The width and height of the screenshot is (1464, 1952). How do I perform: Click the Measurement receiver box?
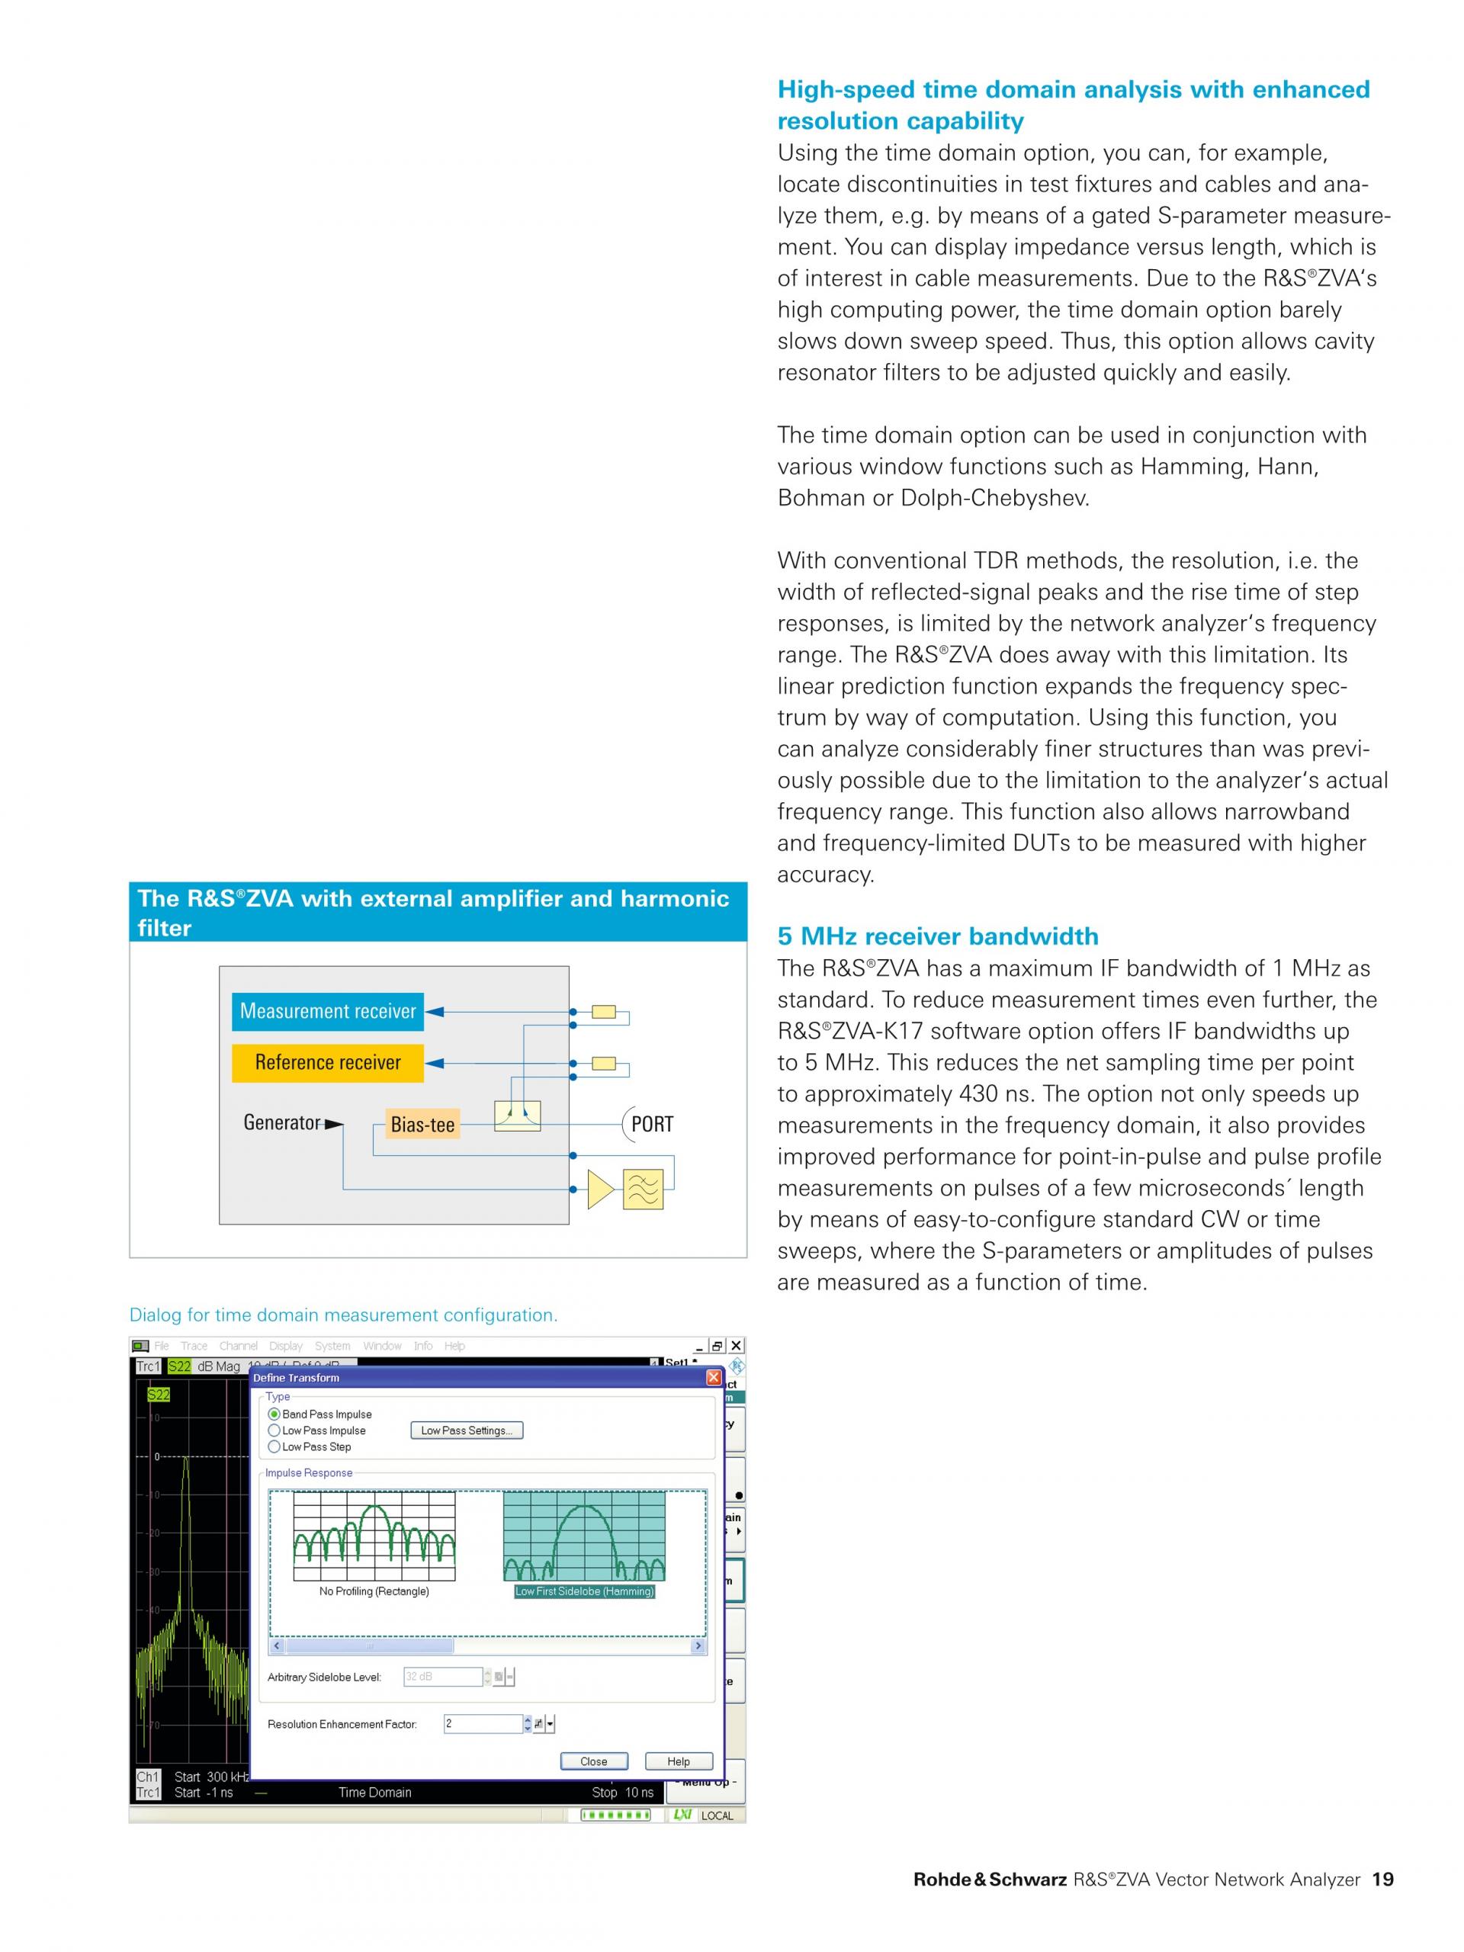pyautogui.click(x=327, y=1011)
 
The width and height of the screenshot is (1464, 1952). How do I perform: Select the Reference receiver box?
pyautogui.click(x=327, y=1062)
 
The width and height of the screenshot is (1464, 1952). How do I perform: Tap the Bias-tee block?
pyautogui.click(x=422, y=1124)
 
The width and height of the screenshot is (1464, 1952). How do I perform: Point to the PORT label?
pyautogui.click(x=651, y=1124)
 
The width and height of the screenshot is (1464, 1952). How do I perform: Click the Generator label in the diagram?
pyautogui.click(x=281, y=1122)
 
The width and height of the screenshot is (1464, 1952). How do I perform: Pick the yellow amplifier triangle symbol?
pyautogui.click(x=600, y=1189)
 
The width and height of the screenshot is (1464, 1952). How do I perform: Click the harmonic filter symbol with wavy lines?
pyautogui.click(x=643, y=1189)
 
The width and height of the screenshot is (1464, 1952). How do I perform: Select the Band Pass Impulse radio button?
pyautogui.click(x=274, y=1414)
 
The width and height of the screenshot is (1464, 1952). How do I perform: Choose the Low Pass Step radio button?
pyautogui.click(x=274, y=1446)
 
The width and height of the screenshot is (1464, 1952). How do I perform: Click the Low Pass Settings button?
pyautogui.click(x=466, y=1430)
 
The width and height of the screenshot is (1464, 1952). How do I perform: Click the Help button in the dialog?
pyautogui.click(x=678, y=1761)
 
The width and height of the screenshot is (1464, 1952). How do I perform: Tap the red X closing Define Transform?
pyautogui.click(x=713, y=1378)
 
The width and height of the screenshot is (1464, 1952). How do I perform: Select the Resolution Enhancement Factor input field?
pyautogui.click(x=483, y=1723)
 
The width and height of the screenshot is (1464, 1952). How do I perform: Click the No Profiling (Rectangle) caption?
pyautogui.click(x=374, y=1591)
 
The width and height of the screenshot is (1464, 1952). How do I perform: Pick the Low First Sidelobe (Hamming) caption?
pyautogui.click(x=584, y=1591)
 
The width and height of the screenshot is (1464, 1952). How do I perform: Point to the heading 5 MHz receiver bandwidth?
pyautogui.click(x=937, y=936)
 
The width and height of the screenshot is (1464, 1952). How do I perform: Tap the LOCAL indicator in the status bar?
pyautogui.click(x=717, y=1816)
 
